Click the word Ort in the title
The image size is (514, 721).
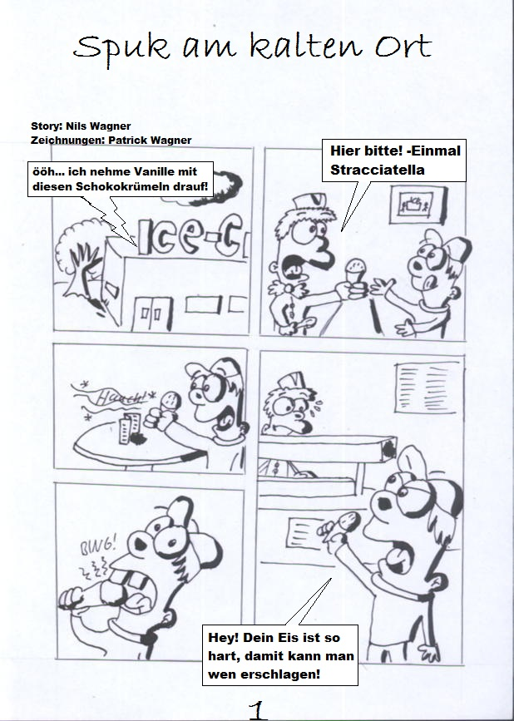click(x=403, y=46)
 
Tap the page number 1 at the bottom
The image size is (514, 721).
click(x=258, y=710)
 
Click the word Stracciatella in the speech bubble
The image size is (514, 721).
click(x=378, y=170)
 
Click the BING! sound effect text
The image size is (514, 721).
click(x=98, y=546)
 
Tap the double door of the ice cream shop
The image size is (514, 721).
click(x=152, y=314)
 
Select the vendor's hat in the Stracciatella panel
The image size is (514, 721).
click(x=309, y=202)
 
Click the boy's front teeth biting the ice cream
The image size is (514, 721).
click(x=130, y=580)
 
